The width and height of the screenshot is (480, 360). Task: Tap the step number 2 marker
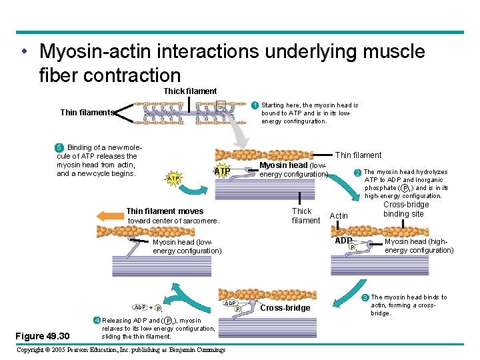(357, 173)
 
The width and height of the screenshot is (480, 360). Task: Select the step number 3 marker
(365, 297)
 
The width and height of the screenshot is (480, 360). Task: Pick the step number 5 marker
(59, 147)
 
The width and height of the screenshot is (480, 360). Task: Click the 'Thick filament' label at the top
(190, 91)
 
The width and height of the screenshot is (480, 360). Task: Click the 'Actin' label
(339, 216)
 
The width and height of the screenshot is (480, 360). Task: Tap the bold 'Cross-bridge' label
(285, 308)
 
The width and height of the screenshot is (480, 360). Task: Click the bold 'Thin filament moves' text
(165, 211)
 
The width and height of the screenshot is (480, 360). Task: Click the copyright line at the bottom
(120, 350)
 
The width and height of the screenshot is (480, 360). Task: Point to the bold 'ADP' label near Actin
(343, 240)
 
